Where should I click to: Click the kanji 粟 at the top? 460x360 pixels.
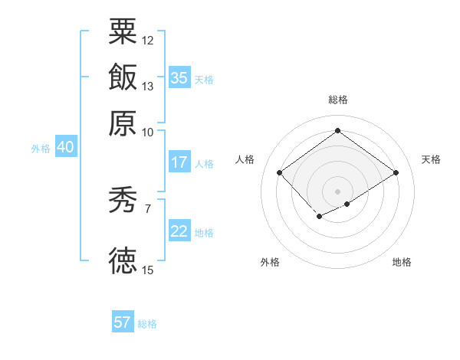123,32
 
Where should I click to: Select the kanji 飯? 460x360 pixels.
123,77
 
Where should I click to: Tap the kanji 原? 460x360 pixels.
123,122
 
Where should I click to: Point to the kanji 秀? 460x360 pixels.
123,201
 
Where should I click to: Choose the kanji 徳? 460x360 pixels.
123,260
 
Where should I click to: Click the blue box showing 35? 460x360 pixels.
179,78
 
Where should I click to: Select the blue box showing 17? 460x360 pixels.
179,162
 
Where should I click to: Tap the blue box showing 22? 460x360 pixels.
179,231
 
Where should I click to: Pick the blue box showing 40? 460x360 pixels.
65,148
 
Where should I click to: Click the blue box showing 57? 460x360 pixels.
123,322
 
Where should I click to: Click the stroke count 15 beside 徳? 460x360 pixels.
148,270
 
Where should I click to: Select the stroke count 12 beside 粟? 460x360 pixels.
148,40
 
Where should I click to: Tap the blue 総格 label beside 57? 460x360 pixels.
147,324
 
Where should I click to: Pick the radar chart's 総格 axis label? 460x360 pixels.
337,100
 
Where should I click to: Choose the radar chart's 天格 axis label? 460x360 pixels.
431,159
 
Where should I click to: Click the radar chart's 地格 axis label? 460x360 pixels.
402,262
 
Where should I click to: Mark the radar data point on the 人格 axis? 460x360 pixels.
279,173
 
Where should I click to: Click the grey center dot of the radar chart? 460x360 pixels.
338,191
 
